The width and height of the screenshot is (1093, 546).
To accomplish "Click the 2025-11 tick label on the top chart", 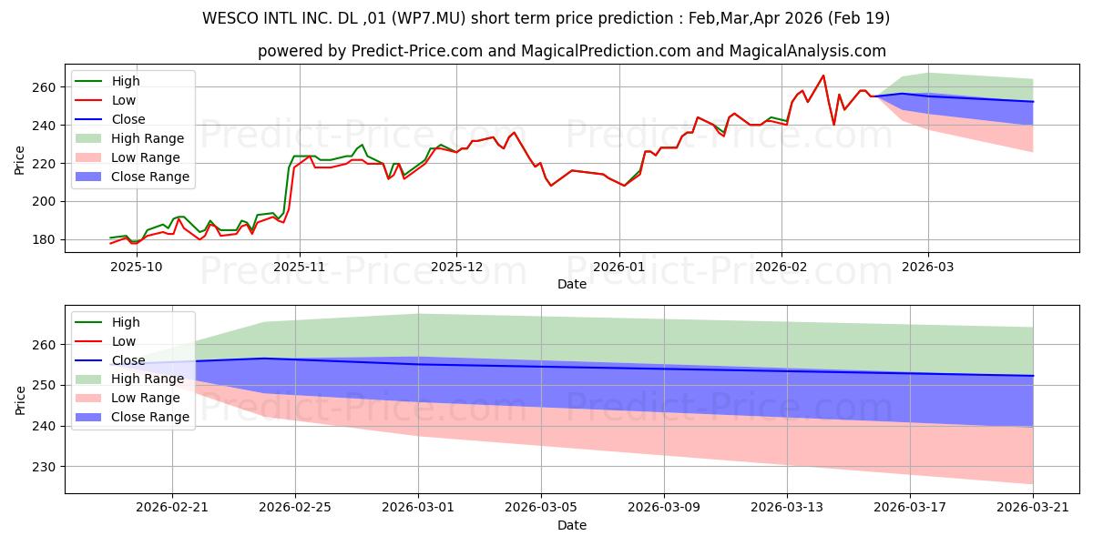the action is point(300,267).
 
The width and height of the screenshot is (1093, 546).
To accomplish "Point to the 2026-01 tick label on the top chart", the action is point(619,267).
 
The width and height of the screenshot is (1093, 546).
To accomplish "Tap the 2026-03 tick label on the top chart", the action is point(927,267).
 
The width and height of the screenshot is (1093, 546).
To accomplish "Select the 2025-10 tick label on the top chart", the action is point(137,267).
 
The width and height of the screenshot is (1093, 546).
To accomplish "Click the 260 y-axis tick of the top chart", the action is point(45,87).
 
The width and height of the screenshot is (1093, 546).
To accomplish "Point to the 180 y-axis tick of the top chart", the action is point(45,240).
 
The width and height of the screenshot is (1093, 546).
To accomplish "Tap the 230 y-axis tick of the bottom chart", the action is point(45,467).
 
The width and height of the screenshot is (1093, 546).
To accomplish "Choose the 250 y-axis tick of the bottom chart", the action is point(45,385).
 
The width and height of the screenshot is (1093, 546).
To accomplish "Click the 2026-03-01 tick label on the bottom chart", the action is point(418,507).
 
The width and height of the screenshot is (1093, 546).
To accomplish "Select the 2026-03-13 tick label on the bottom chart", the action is point(787,507).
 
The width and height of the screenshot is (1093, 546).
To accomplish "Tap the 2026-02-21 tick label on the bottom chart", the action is point(172,507).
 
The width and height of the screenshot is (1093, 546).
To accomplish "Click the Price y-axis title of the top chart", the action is point(19,160).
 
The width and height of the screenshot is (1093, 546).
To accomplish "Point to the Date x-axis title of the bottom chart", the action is point(572,525).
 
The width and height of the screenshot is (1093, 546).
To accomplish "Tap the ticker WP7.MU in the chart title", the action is point(428,18).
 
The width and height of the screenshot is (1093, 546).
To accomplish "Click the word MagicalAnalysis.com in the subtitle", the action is point(808,51).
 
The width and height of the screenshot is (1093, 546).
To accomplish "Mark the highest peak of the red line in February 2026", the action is point(823,75).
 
